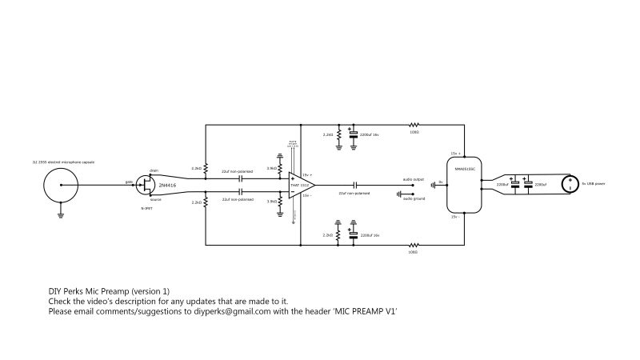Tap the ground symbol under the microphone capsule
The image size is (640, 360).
(60, 214)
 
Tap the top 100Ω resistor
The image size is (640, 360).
(414, 125)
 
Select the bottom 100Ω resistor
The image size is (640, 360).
(414, 246)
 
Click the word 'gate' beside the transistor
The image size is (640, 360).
(128, 182)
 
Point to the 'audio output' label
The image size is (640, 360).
(414, 179)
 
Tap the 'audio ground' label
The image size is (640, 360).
(414, 195)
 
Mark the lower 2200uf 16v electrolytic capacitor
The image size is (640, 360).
(353, 235)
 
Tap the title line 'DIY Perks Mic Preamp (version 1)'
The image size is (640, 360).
(109, 290)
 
